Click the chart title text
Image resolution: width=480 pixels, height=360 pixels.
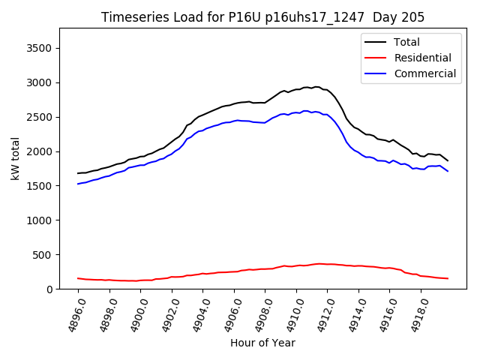[262, 17]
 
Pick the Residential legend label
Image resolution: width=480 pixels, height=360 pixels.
[423, 58]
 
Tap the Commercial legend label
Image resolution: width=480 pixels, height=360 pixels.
[425, 73]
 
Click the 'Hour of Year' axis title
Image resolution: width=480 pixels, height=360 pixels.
[262, 343]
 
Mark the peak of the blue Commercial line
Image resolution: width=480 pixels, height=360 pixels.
[306, 111]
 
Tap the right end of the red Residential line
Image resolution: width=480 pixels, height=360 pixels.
[448, 279]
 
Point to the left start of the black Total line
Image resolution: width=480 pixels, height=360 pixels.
[78, 173]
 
